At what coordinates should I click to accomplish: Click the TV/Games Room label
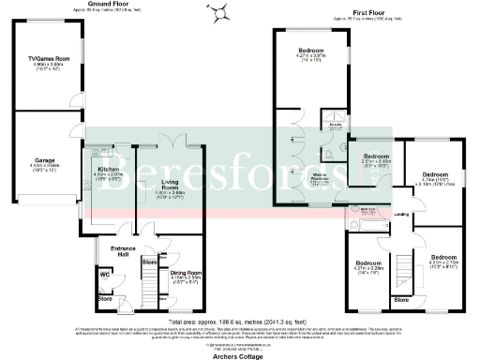tap(40, 62)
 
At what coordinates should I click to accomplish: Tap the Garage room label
tap(43, 160)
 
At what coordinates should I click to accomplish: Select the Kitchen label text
tap(111, 171)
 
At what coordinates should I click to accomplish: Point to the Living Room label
tap(171, 185)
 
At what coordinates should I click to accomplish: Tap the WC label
tap(105, 275)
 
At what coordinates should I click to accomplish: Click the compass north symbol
tap(221, 13)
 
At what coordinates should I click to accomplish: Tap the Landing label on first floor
tap(400, 215)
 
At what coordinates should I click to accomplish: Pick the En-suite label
tap(333, 122)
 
